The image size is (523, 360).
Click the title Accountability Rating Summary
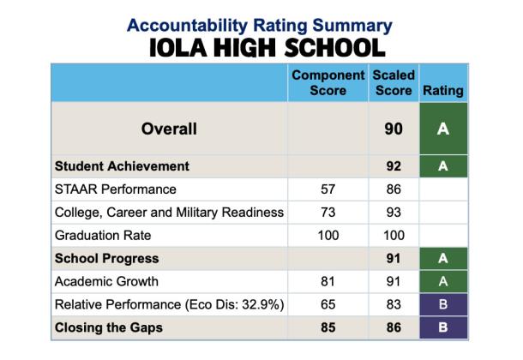click(260, 24)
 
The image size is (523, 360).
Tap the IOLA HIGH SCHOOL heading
click(260, 47)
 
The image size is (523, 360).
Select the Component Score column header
click(329, 82)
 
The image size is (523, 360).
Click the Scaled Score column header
click(394, 82)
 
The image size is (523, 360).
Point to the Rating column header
click(443, 90)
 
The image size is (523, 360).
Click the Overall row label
click(169, 129)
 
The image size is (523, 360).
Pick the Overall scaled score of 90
click(394, 129)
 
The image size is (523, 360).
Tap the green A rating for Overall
click(443, 129)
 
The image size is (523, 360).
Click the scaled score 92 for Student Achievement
click(394, 165)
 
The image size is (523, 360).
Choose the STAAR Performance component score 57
click(329, 189)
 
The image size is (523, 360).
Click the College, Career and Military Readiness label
click(169, 212)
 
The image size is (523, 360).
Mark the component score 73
click(329, 212)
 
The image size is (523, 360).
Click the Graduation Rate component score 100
click(329, 235)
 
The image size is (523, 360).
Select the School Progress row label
click(107, 258)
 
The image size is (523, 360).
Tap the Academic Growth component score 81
click(329, 281)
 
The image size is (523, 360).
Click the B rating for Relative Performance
click(443, 304)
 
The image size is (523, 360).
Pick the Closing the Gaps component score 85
click(329, 327)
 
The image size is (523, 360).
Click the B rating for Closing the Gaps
click(443, 327)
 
